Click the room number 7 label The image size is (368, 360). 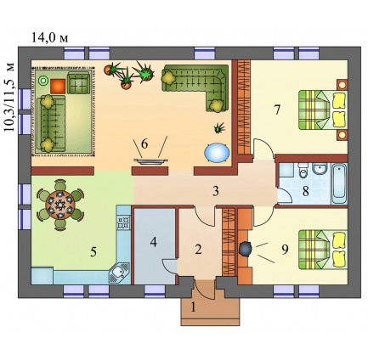coord(277,110)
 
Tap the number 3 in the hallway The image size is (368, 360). coord(216,191)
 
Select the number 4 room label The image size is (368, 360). coord(154,242)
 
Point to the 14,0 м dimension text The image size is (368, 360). coord(49,37)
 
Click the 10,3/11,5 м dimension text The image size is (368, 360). coord(9,98)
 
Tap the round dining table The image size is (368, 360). coord(60,204)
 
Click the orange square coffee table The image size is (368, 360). coord(58,87)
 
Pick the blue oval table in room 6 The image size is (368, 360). coord(217,153)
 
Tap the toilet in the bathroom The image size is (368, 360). coord(303,171)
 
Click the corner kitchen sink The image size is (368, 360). coord(119,273)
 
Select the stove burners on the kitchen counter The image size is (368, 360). coord(123,222)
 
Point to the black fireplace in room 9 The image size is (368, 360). coord(245,249)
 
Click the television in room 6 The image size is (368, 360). coord(150,160)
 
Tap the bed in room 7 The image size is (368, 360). coord(323,110)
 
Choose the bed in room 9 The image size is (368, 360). coord(323,249)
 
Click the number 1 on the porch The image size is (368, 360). coord(193,307)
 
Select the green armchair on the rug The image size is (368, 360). coord(80,82)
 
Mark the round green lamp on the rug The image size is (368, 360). coord(43,81)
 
